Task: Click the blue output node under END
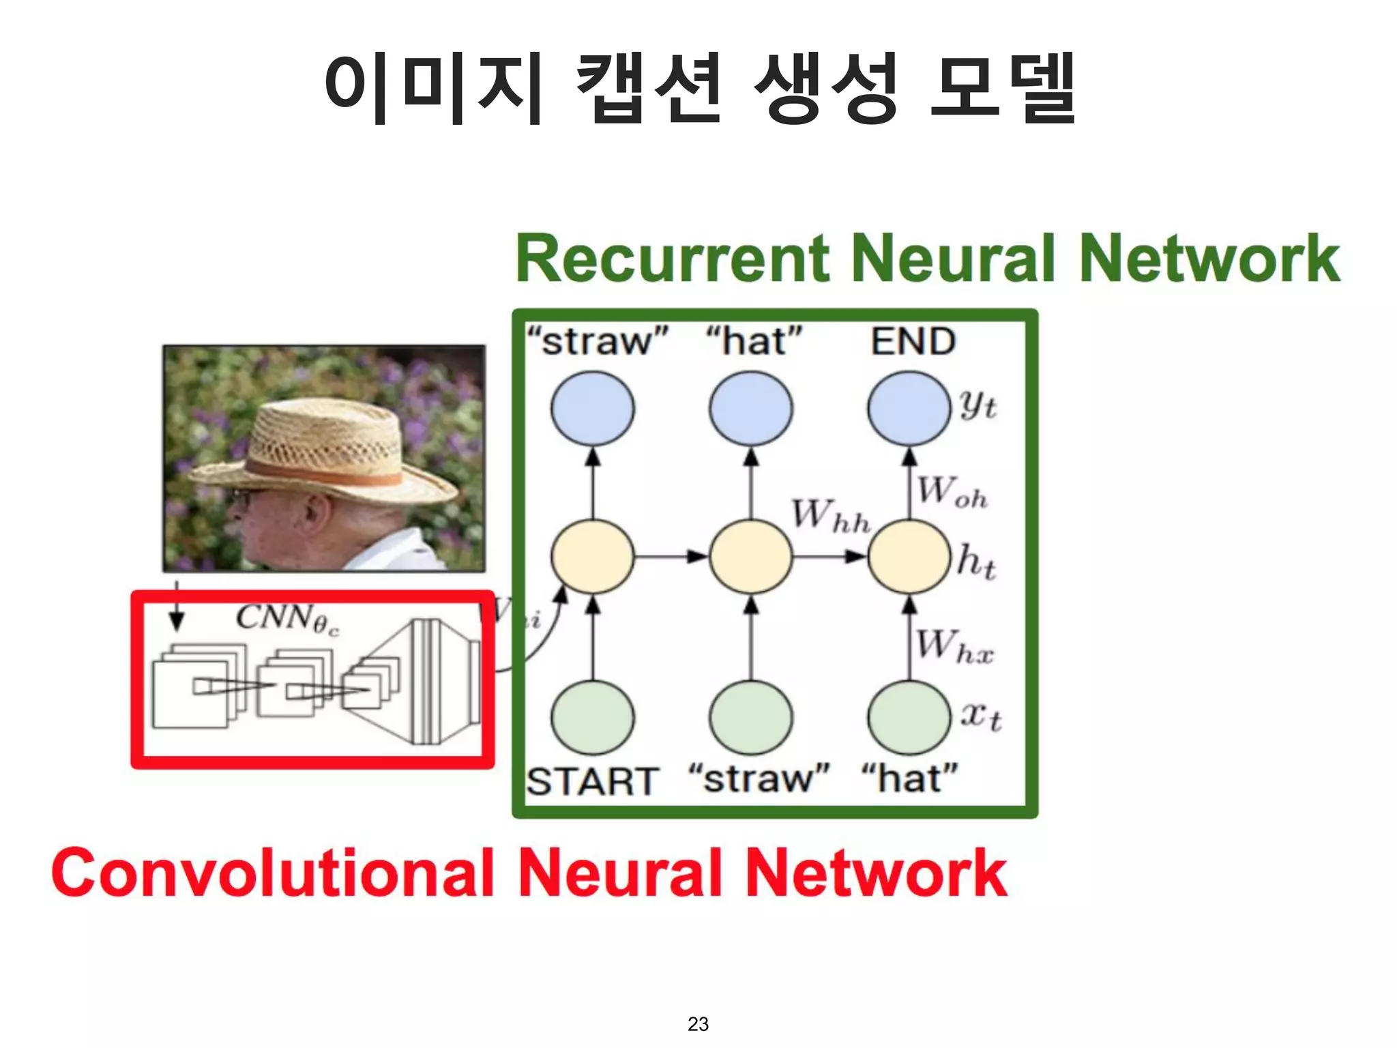(909, 408)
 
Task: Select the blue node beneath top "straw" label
(592, 408)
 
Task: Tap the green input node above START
(592, 718)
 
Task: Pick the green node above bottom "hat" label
(909, 718)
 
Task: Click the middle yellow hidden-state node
(750, 556)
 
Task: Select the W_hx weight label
(954, 646)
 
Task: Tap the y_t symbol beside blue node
(977, 406)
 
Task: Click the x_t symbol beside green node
(980, 716)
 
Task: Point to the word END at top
(913, 341)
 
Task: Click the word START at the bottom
(592, 781)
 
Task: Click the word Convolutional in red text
(273, 873)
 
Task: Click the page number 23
(698, 1023)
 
